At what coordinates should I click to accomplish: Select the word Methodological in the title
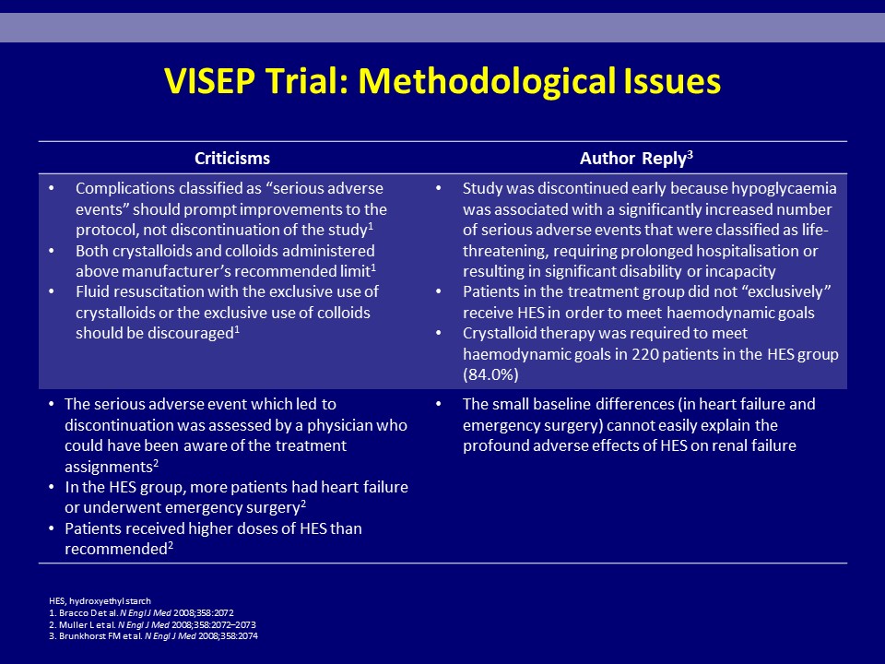click(x=487, y=82)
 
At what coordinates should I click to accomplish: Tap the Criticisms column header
click(x=232, y=158)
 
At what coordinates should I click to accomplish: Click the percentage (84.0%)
click(x=490, y=375)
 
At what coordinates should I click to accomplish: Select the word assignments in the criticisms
click(x=109, y=468)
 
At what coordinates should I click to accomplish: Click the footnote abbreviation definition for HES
click(x=100, y=601)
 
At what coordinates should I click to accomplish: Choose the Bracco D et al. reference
click(x=141, y=613)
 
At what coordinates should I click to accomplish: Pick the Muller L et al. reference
click(x=152, y=625)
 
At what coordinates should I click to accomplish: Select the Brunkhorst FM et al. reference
click(x=154, y=636)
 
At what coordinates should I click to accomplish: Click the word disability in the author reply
click(x=651, y=271)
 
